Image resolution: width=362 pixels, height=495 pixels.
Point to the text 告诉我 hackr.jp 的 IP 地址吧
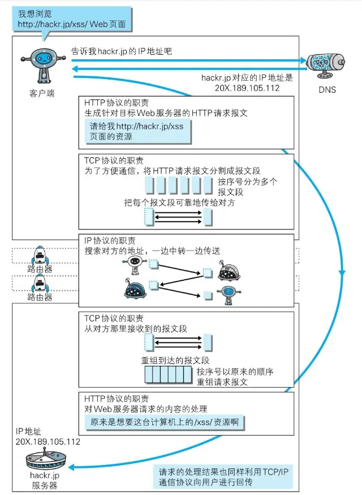pos(122,51)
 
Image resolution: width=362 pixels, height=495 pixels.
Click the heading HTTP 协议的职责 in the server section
pos(115,398)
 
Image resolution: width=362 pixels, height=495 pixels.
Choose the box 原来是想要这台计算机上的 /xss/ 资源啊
pos(165,422)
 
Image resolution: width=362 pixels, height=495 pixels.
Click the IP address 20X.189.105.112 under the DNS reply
pos(248,89)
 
